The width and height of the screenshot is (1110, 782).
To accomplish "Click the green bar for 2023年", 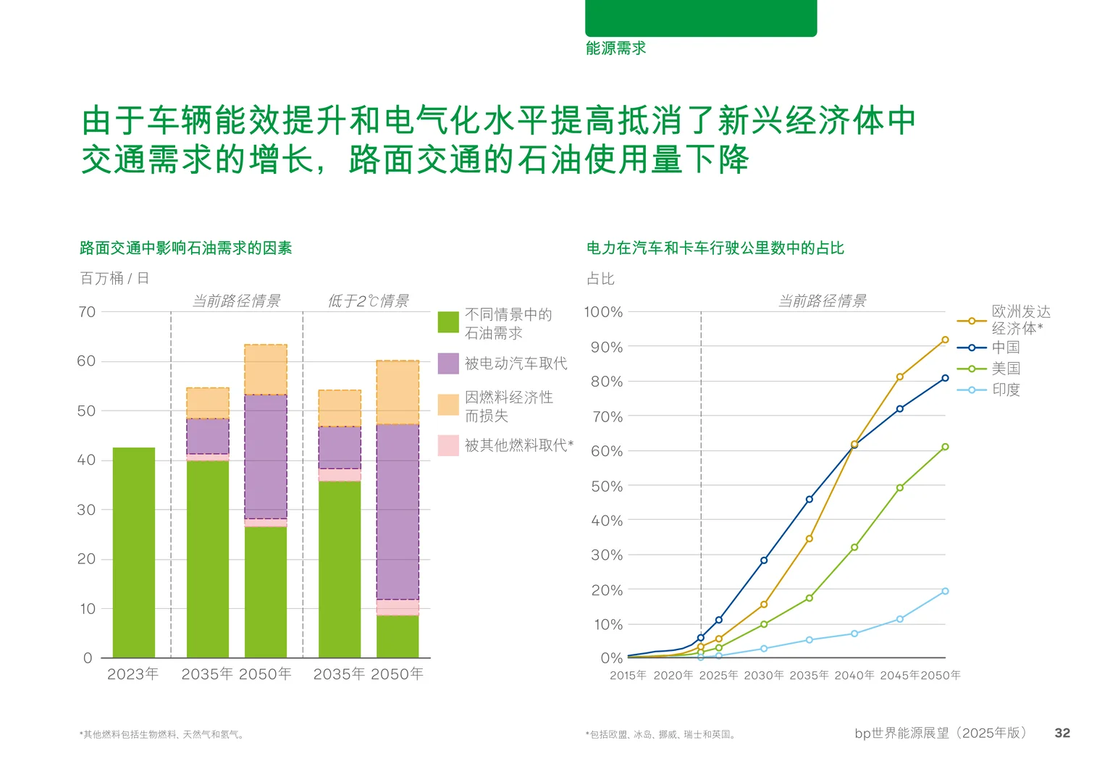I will pyautogui.click(x=134, y=552).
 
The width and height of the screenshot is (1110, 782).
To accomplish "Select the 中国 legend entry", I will pyautogui.click(x=1005, y=348).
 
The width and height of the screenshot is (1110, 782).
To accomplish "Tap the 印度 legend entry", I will pyautogui.click(x=1005, y=390).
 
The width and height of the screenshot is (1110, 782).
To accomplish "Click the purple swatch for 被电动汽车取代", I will pyautogui.click(x=448, y=363).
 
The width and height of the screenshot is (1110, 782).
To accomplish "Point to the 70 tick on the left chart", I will pyautogui.click(x=87, y=312).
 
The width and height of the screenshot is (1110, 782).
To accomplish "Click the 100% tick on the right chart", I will pyautogui.click(x=603, y=312).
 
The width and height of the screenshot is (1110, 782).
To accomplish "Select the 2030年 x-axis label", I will pyautogui.click(x=764, y=675).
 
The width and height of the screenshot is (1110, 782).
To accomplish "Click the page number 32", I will pyautogui.click(x=1062, y=733).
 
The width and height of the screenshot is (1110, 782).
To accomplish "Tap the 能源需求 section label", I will pyautogui.click(x=615, y=49).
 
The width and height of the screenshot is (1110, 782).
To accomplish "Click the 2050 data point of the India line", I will pyautogui.click(x=945, y=592).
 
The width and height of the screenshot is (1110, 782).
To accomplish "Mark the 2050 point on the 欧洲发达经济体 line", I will pyautogui.click(x=945, y=340).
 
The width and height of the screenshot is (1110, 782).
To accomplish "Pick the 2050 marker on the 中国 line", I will pyautogui.click(x=945, y=378).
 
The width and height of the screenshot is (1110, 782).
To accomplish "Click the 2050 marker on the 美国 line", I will pyautogui.click(x=945, y=447).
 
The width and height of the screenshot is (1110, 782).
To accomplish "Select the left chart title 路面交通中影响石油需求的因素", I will pyautogui.click(x=185, y=248).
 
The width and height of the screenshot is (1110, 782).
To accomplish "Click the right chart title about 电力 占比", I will pyautogui.click(x=715, y=248).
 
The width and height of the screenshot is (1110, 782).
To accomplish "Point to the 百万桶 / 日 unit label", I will pyautogui.click(x=114, y=279).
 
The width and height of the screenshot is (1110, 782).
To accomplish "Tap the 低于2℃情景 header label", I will pyautogui.click(x=368, y=300).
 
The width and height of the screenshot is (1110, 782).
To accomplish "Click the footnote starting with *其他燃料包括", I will pyautogui.click(x=162, y=734).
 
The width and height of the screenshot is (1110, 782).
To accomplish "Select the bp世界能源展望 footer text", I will pyautogui.click(x=940, y=733).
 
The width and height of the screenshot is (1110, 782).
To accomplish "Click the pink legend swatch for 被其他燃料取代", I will pyautogui.click(x=448, y=445).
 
